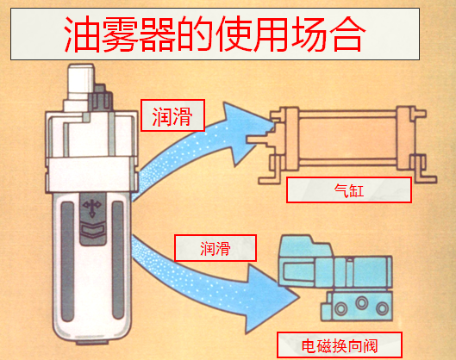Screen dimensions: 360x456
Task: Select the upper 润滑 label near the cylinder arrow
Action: (x=172, y=115)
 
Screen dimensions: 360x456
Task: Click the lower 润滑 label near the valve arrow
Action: (x=215, y=247)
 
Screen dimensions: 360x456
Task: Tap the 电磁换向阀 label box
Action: (x=339, y=344)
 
